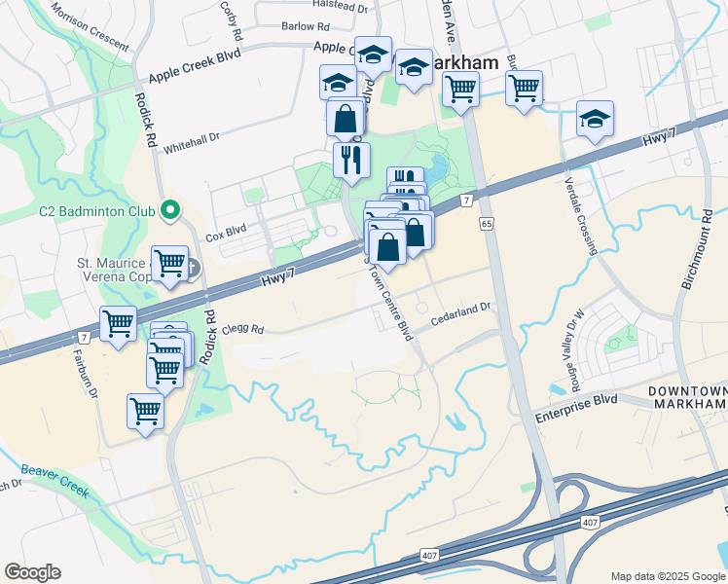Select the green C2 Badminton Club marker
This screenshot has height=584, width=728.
(171, 209)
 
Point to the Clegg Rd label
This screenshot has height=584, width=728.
(242, 330)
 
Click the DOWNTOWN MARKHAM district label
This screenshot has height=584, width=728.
(687, 397)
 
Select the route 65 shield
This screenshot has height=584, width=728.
(486, 225)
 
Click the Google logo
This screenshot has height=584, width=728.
(32, 572)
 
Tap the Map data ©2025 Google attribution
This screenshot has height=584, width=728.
(667, 576)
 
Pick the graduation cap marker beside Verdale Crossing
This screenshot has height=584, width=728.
(595, 120)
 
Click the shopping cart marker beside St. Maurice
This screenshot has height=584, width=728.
(170, 263)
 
